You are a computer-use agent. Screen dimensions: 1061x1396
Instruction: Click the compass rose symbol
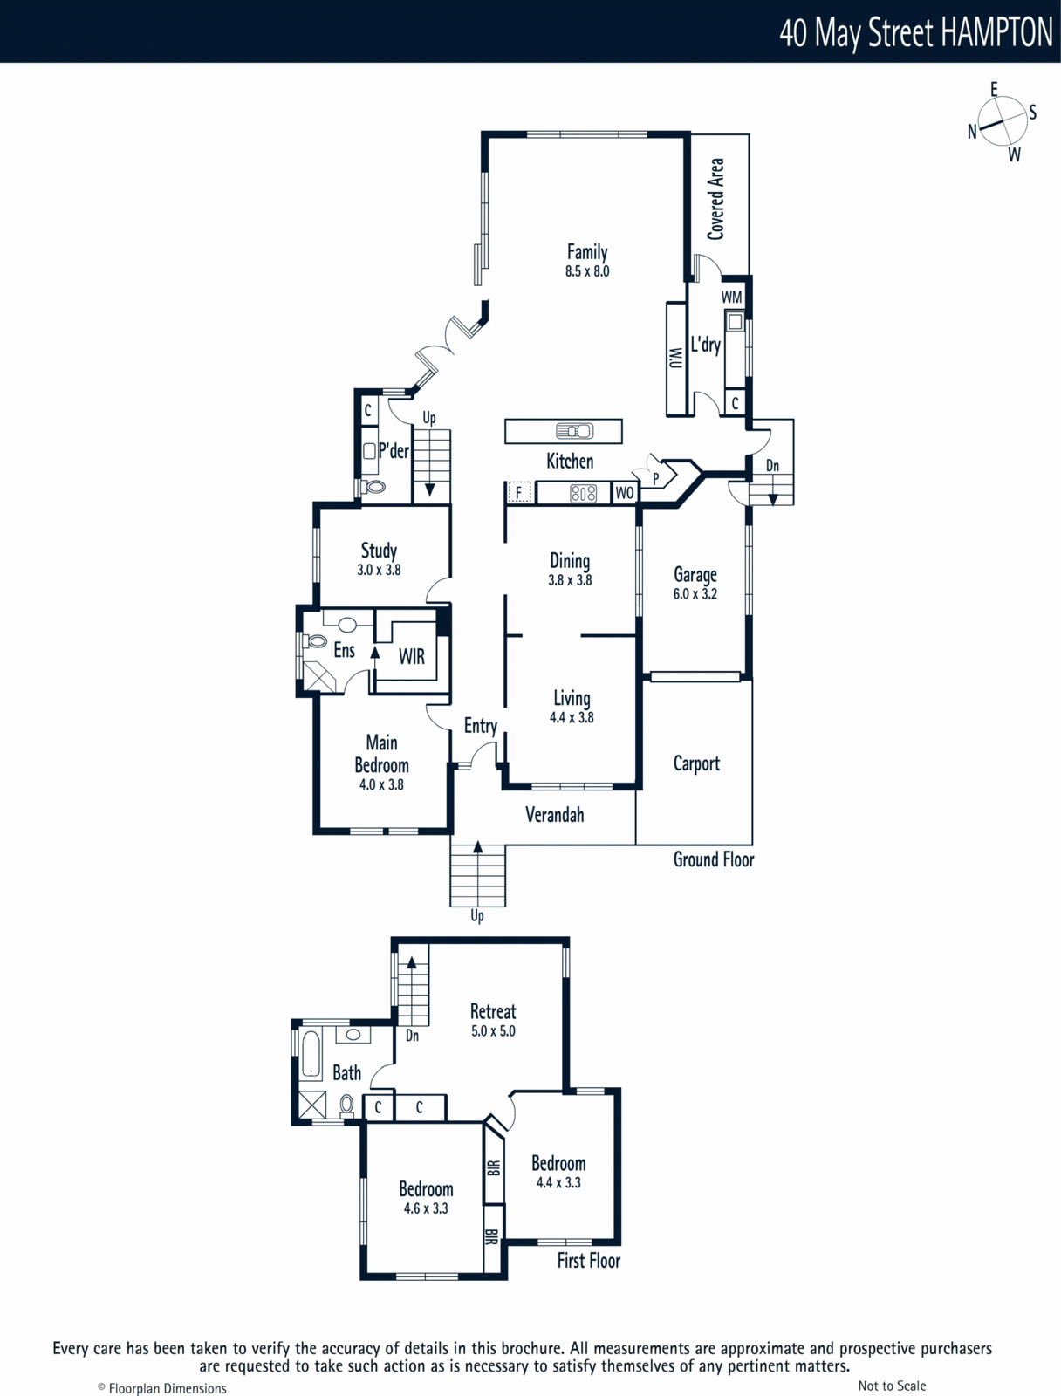[1003, 121]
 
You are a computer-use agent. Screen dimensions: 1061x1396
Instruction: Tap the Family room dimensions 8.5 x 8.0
[586, 271]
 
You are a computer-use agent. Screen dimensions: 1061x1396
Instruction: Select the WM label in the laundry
[732, 297]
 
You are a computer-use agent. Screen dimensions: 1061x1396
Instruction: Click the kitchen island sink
[575, 431]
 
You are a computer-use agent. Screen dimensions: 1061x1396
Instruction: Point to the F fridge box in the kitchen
[519, 492]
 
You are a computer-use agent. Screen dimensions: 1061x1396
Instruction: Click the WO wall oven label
[624, 493]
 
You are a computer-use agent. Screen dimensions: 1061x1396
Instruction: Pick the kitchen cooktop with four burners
[583, 493]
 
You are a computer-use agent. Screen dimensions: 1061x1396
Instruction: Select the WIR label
[411, 656]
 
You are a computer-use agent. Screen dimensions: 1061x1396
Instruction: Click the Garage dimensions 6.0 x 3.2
[695, 594]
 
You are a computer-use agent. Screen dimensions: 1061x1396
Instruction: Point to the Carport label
[696, 763]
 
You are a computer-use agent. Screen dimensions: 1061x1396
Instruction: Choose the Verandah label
[554, 815]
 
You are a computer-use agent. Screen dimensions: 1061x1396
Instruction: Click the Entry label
[480, 726]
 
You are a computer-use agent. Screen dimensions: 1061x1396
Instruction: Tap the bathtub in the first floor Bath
[311, 1054]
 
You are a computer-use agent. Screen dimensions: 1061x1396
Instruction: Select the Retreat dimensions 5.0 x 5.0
[493, 1031]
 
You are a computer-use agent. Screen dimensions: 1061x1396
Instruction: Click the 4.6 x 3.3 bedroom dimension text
[425, 1208]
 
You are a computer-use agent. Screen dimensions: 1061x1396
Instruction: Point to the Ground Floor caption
[713, 860]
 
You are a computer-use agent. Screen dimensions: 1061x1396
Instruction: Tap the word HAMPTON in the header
[996, 32]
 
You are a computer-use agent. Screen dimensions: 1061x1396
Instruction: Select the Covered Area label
[715, 199]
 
